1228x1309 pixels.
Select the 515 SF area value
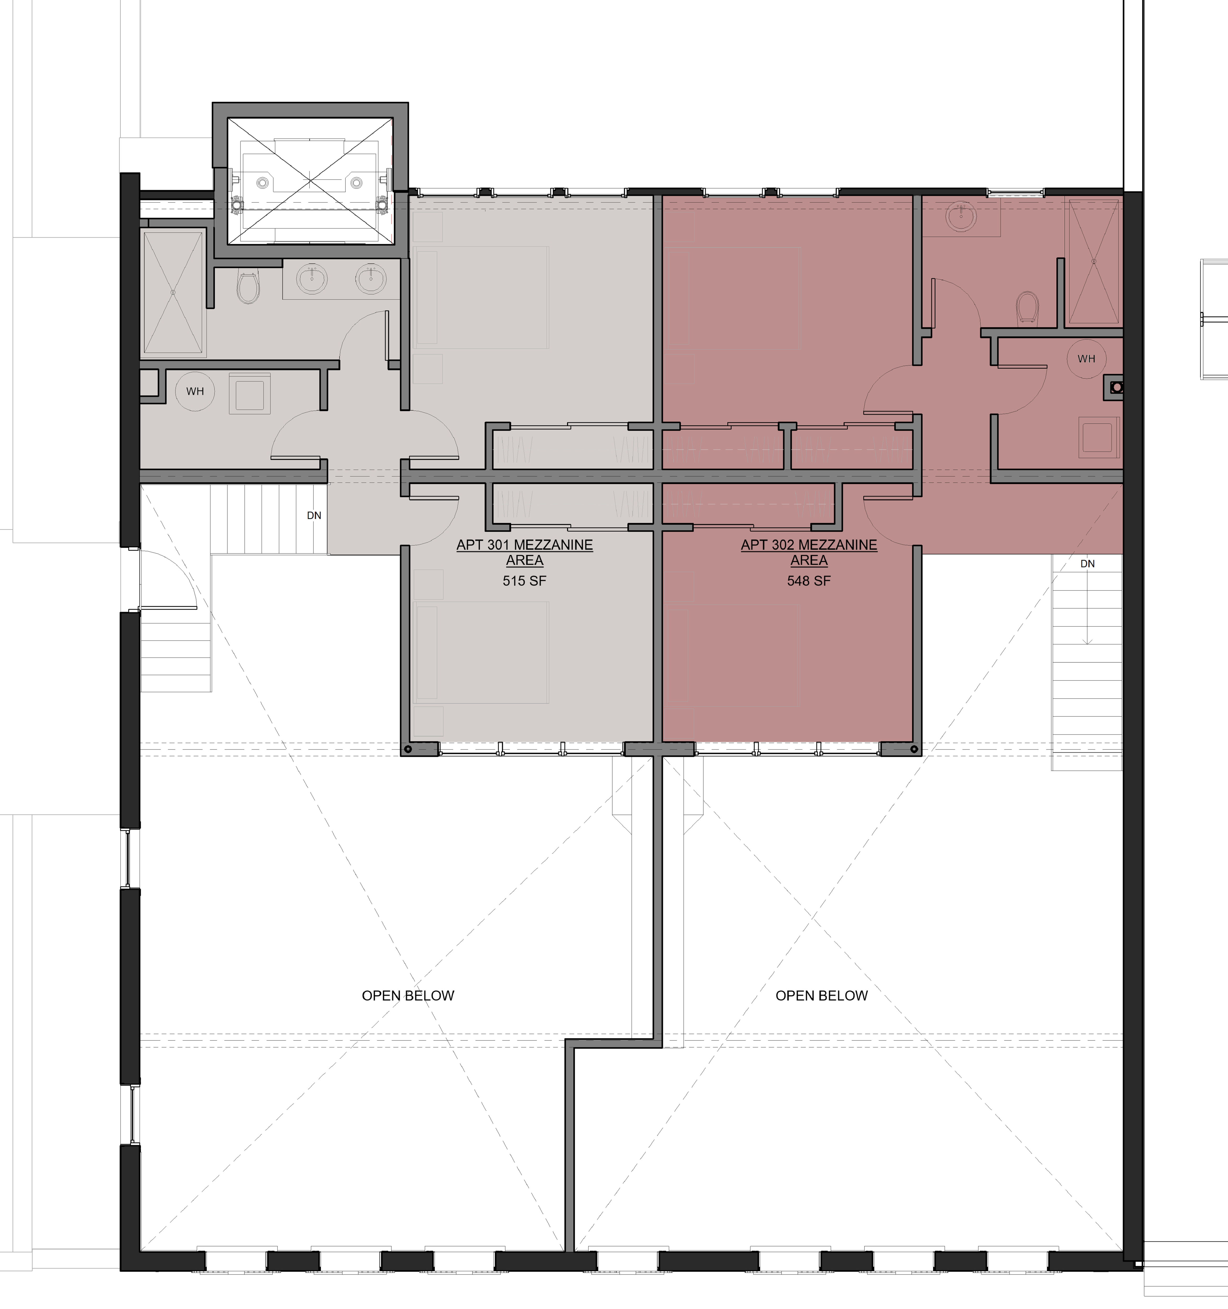click(524, 581)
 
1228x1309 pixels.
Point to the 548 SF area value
click(809, 581)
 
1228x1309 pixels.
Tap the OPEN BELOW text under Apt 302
click(821, 995)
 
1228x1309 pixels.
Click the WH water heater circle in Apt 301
click(195, 391)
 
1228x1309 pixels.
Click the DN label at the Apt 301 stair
click(314, 516)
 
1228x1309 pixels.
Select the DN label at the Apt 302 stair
click(1087, 564)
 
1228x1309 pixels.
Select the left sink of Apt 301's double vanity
click(310, 280)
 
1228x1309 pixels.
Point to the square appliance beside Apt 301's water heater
click(250, 394)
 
